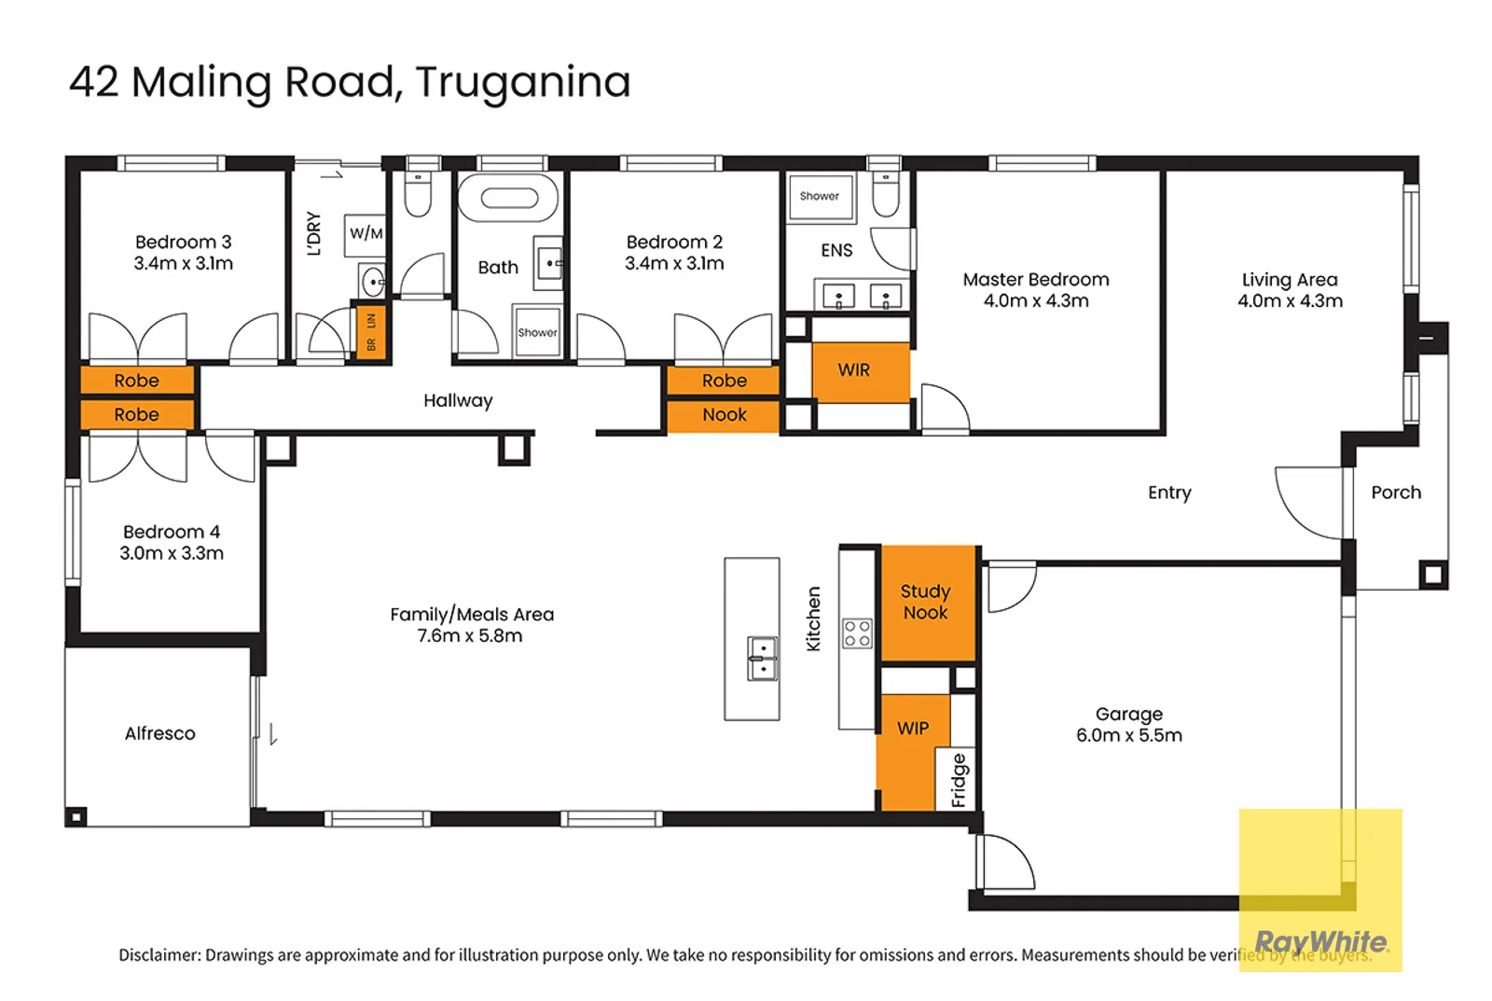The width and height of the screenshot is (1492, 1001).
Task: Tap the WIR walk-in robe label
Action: coord(853,370)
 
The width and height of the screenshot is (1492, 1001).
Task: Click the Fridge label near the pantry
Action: coord(960,780)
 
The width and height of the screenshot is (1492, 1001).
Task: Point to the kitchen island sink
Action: coord(763,659)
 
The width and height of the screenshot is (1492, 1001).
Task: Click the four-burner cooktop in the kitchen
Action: coord(857,633)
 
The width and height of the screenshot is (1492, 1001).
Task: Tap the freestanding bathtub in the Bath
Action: coord(508,199)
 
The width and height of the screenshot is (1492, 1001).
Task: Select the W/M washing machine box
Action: coord(366,233)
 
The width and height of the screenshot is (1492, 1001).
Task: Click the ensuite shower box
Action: coord(820,197)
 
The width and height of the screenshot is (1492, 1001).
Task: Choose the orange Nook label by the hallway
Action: coord(725,415)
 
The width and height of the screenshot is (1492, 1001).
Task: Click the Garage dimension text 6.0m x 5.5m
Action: coord(1128,735)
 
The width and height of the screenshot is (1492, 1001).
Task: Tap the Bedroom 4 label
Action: coord(172,532)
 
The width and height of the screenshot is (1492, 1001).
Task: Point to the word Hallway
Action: coord(458,400)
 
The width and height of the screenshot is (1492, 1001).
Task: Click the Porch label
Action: coord(1395,493)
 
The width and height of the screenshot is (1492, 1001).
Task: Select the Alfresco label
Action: coord(160,733)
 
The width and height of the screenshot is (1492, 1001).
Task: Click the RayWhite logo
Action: coord(1319,940)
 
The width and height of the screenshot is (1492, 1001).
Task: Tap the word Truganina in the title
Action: coord(523,82)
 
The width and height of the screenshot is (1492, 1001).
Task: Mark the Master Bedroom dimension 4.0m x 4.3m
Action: coord(1035,300)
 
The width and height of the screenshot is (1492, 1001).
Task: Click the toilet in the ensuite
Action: coord(885,193)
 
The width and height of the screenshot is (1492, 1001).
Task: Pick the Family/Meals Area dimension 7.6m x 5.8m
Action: coord(469,636)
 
